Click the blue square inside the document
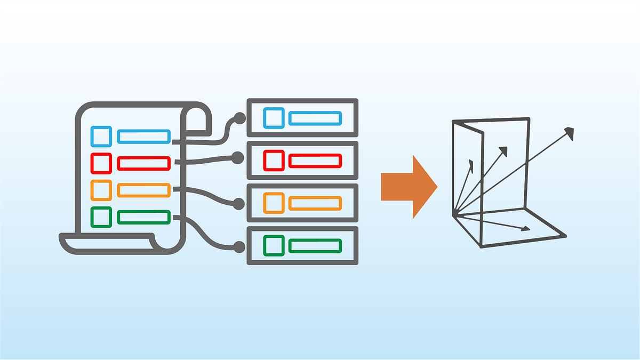click(x=101, y=137)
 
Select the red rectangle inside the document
click(x=143, y=163)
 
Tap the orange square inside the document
click(x=101, y=190)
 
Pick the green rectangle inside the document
click(x=143, y=217)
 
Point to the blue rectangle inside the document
click(x=143, y=137)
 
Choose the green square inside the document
click(x=101, y=217)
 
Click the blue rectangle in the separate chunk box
click(x=315, y=118)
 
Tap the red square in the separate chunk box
click(x=274, y=160)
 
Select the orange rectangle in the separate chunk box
click(x=315, y=203)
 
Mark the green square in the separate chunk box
click(x=274, y=245)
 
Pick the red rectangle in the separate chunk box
click(x=315, y=160)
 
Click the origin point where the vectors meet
click(x=454, y=214)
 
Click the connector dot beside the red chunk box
click(x=238, y=157)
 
